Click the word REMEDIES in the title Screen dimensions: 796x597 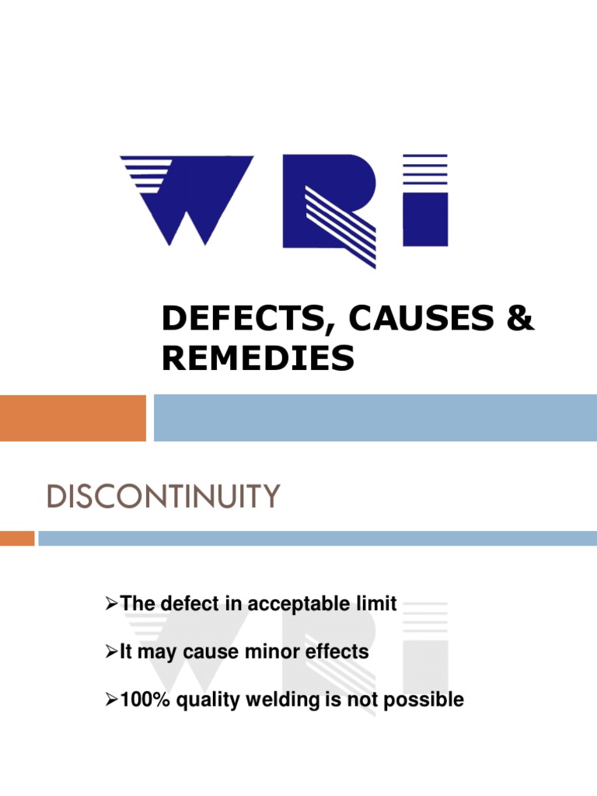(x=258, y=358)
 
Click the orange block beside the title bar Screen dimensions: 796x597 (x=72, y=417)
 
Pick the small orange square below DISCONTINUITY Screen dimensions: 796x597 (x=17, y=538)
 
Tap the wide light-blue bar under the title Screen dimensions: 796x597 (x=375, y=417)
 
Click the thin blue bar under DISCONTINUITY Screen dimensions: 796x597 (x=317, y=538)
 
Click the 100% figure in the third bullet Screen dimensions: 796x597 (x=141, y=700)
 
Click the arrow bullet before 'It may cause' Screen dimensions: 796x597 (x=110, y=651)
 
